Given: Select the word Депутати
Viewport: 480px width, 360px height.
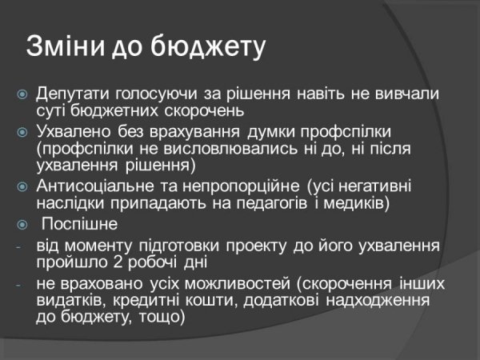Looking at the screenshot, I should [73, 94].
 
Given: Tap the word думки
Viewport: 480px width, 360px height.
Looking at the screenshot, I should [245, 130].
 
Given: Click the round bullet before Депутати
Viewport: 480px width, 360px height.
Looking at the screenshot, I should [23, 94].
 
